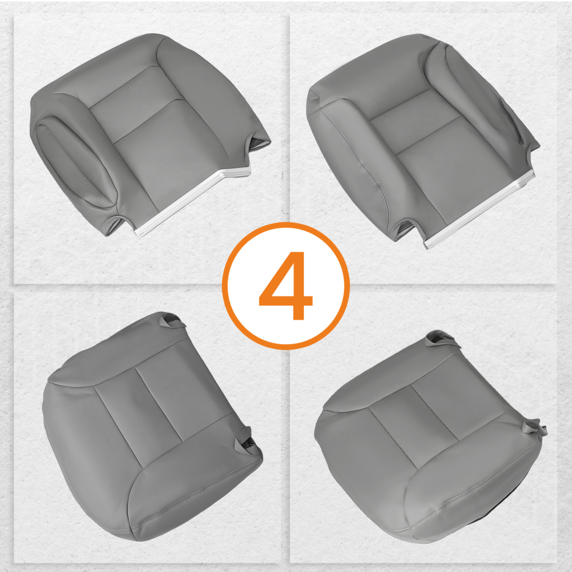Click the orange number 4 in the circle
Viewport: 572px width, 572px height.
(285, 285)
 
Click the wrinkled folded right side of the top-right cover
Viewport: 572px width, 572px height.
(503, 114)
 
